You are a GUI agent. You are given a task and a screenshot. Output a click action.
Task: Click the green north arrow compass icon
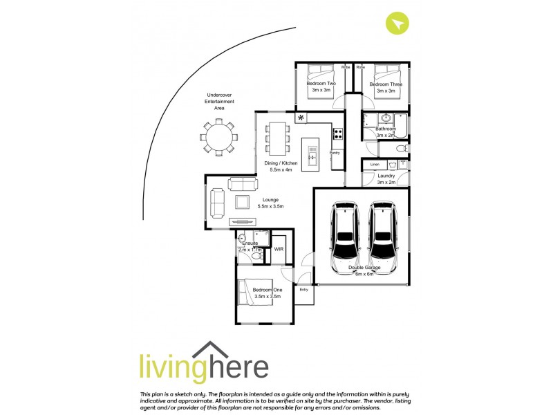click(397, 24)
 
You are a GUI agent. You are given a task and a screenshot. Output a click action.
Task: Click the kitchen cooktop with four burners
click(338, 134)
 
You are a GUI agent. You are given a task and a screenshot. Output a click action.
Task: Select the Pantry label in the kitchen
click(335, 153)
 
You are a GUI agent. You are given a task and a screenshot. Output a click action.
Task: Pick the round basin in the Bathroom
click(386, 118)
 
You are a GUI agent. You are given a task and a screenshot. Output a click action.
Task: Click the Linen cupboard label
click(375, 165)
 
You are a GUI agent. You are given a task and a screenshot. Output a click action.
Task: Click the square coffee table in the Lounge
click(243, 202)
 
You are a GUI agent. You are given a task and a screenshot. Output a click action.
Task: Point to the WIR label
click(279, 249)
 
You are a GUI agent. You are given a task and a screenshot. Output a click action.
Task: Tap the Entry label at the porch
click(303, 290)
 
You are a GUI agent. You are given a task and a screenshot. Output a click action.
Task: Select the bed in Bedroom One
click(252, 293)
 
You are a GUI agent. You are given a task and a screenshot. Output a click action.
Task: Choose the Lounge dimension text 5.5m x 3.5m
click(271, 207)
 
